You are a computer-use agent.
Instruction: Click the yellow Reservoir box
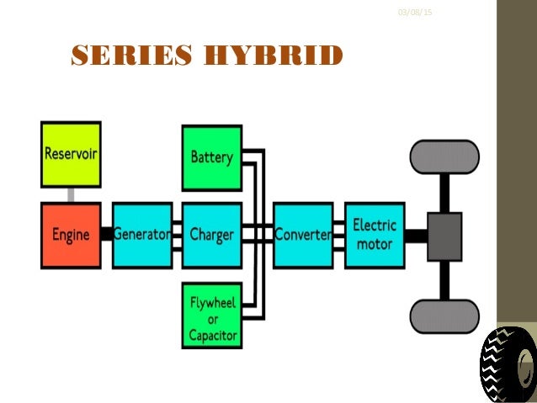tap(71, 155)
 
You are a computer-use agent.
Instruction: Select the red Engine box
tap(71, 235)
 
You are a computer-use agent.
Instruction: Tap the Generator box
tap(141, 235)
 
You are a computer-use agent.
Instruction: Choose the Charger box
tap(211, 235)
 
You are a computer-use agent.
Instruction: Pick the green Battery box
tap(211, 156)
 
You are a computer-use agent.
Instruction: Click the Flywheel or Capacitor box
tap(212, 316)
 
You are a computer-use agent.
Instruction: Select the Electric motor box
tap(374, 235)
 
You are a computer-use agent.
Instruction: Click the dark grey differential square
tap(444, 236)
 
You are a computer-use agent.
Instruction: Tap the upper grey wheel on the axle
tap(444, 156)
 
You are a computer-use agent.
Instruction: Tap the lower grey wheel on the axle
tap(444, 316)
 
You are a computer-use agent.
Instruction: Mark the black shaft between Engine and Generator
tap(106, 235)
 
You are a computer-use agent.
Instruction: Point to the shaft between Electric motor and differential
tap(416, 236)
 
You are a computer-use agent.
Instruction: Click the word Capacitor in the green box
tap(212, 336)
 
